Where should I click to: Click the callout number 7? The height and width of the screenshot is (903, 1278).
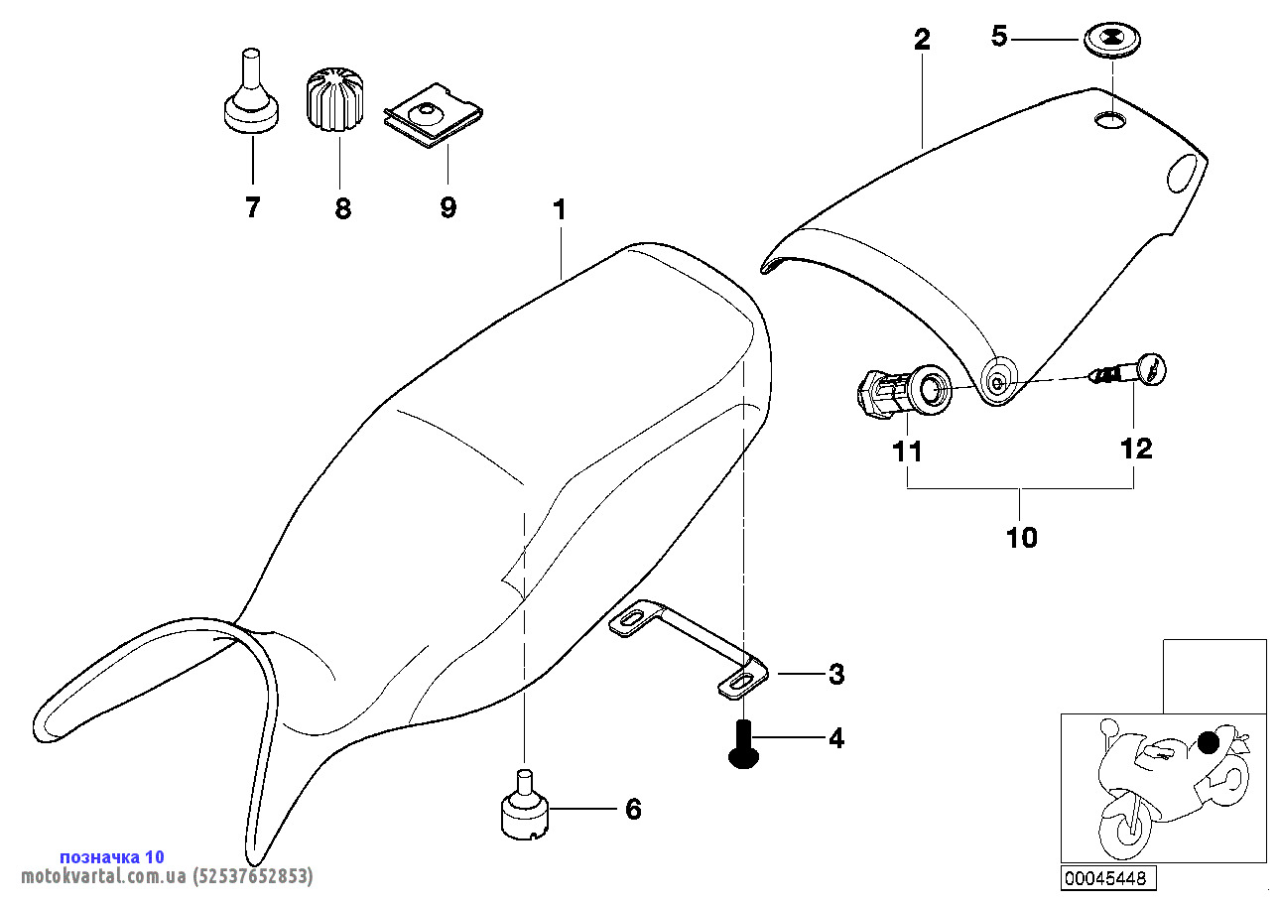click(252, 207)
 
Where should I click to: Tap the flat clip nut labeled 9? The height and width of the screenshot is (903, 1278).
click(433, 119)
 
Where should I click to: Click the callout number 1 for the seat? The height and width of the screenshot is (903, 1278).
click(560, 210)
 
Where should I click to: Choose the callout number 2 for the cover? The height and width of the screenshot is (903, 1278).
click(922, 40)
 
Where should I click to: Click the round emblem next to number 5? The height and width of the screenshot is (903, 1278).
click(1112, 42)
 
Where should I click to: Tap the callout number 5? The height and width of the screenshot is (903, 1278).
click(999, 37)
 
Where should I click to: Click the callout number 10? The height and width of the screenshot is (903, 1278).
click(1021, 538)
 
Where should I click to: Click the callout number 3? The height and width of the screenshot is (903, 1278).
click(836, 674)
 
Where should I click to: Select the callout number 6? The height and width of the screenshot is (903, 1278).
click(633, 810)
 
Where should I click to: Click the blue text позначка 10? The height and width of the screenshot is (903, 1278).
click(112, 856)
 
